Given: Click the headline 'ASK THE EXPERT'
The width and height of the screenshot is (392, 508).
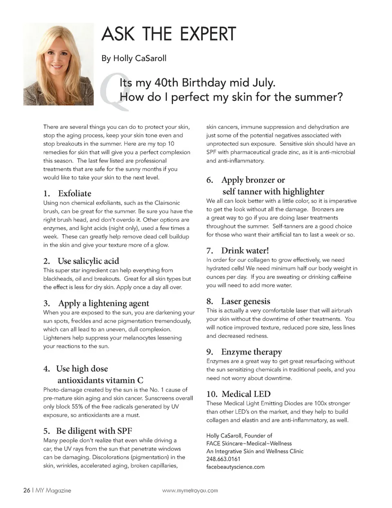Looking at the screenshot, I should coord(169,34).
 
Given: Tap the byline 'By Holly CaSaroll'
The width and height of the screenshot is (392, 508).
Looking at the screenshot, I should coord(134,58).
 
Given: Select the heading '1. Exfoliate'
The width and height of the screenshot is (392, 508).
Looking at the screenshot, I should coord(67,193).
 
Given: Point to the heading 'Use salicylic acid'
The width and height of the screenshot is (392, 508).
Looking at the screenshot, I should coord(88,261).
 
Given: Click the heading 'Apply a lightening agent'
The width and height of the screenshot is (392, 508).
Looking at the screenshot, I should coord(103,303).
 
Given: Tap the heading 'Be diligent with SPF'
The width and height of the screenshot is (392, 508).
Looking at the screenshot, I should coord(94,431).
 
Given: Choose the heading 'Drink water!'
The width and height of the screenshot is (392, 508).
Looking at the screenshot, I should coord(245,251).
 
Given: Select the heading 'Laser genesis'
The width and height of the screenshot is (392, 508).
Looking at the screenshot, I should coord(245,301).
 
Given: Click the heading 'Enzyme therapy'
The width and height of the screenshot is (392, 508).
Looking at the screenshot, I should coord(251,352).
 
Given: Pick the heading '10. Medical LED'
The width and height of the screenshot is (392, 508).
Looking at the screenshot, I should coord(238,394).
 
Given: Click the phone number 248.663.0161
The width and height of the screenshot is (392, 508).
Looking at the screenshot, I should coord(223,459).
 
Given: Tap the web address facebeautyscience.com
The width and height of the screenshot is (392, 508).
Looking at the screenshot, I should coord(235,467).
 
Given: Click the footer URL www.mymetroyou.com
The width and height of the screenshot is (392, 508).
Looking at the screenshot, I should coord(190,490).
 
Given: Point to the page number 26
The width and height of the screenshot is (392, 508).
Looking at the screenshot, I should coord(27,490).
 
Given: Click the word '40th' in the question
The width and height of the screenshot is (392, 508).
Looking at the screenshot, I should coord(166,83).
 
